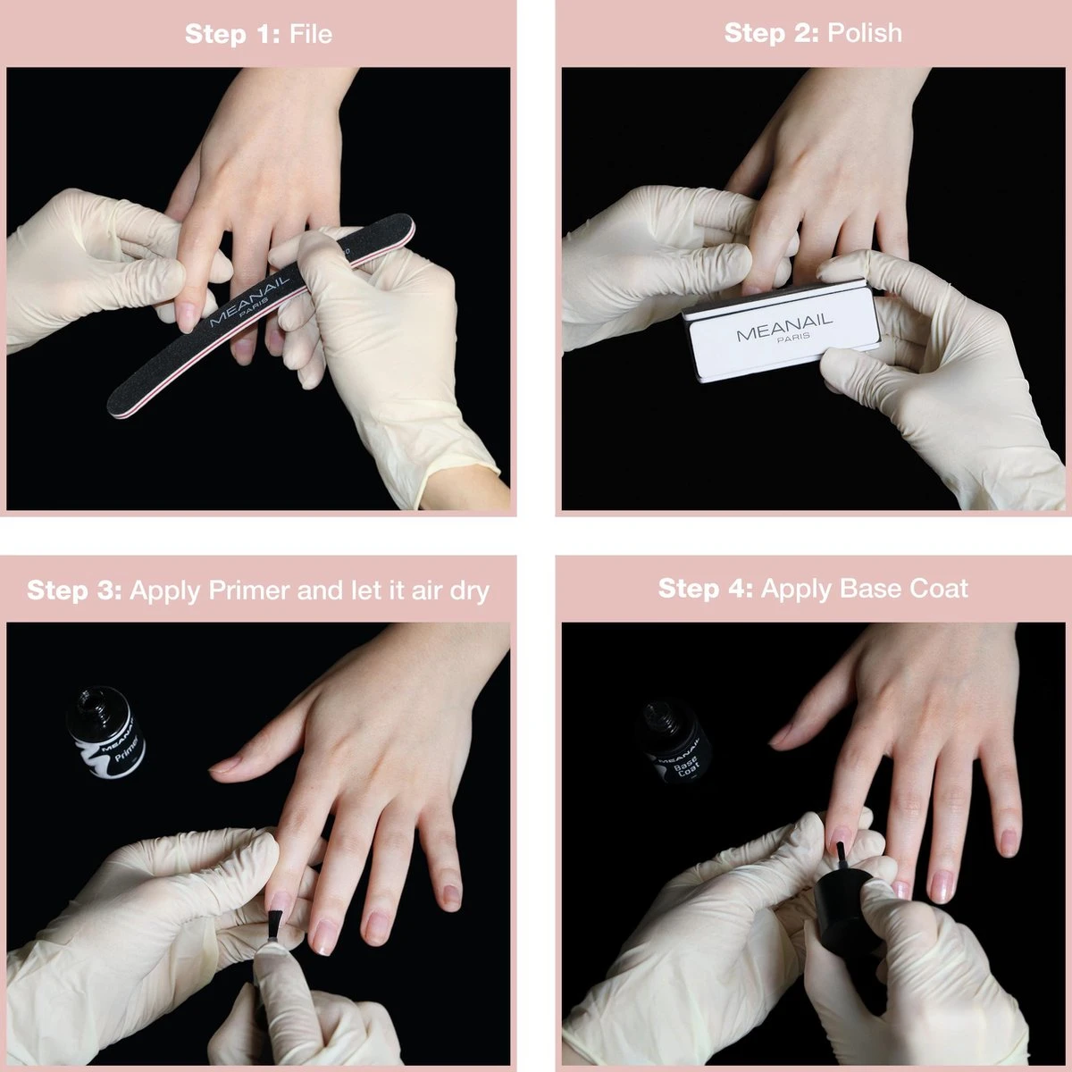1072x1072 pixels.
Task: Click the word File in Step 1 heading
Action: point(310,34)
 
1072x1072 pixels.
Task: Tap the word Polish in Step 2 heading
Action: point(865,33)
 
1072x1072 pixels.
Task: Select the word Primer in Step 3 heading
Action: point(249,590)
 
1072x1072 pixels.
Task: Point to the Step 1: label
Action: point(232,34)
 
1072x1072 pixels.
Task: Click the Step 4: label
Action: point(706,589)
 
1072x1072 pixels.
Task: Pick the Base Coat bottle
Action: point(674,743)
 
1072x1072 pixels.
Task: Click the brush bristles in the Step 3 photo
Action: point(274,925)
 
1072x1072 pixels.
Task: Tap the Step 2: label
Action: point(771,33)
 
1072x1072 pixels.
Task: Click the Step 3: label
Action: point(74,590)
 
